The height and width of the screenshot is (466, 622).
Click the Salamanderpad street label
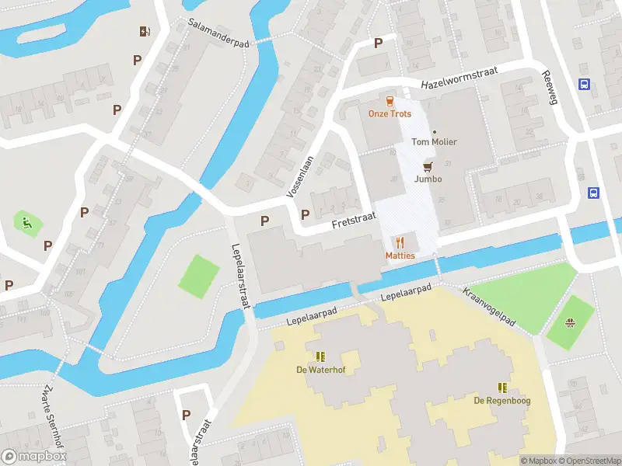point(218,33)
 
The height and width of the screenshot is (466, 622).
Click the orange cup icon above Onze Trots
point(390,100)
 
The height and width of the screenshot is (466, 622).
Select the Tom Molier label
point(434,142)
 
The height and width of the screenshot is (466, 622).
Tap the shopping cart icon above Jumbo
point(428,166)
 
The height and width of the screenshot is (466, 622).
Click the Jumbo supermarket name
point(428,179)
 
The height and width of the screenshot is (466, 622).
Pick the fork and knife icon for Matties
point(400,243)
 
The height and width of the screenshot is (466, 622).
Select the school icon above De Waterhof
point(320,356)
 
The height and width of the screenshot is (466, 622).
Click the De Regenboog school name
point(502,400)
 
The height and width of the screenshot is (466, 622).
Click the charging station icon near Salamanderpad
point(144,32)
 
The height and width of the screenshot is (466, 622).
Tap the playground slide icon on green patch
point(27,224)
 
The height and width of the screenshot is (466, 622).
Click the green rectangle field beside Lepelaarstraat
point(199,276)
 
